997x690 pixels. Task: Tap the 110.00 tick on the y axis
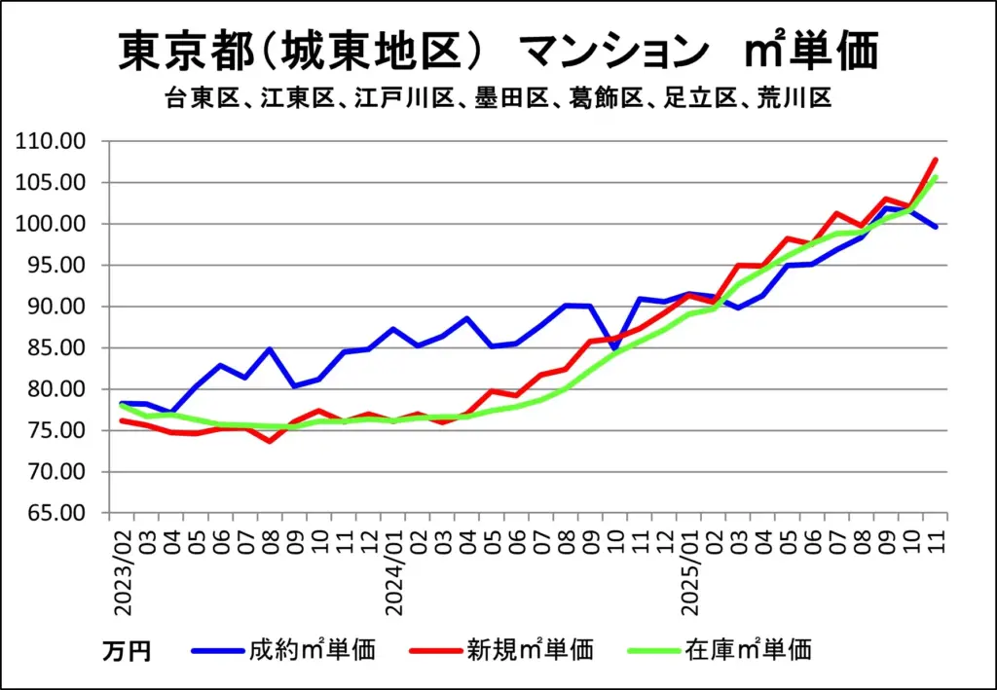click(x=57, y=142)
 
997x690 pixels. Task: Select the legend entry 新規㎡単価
click(x=530, y=649)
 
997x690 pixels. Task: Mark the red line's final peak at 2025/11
click(x=935, y=160)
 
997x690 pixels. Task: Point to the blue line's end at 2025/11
click(x=935, y=227)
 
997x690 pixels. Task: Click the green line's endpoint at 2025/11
click(x=935, y=177)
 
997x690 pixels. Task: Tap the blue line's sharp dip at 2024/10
click(x=615, y=348)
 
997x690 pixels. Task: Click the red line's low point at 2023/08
click(x=270, y=441)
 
